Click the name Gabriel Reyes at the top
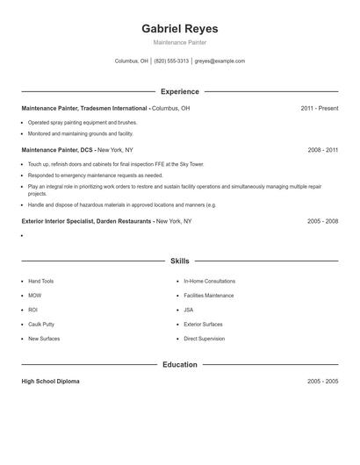(x=179, y=29)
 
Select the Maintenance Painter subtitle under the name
(x=179, y=42)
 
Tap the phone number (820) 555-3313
(x=171, y=61)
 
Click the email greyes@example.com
(x=220, y=61)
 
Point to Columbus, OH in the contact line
(x=132, y=61)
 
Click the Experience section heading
(x=179, y=91)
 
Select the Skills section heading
(x=179, y=261)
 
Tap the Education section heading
(x=179, y=364)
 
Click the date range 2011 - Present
(x=319, y=108)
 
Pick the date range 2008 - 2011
(x=322, y=150)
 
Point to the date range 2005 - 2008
(x=322, y=221)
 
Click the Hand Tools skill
(x=40, y=281)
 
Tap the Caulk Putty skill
(x=41, y=324)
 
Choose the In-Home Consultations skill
(x=209, y=281)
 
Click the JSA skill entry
(x=189, y=310)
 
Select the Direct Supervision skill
(x=204, y=338)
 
